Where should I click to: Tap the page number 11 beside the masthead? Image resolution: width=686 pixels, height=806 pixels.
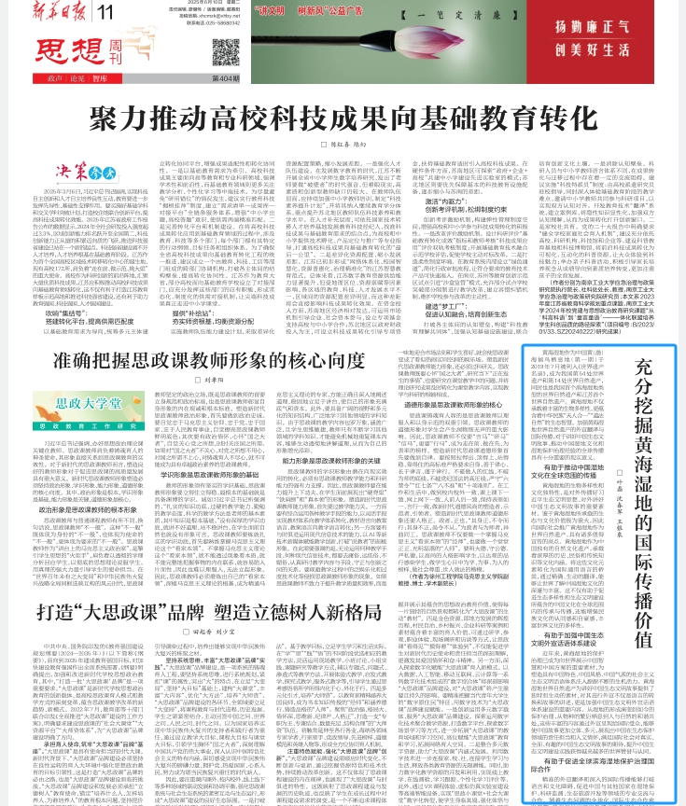(x=105, y=11)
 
